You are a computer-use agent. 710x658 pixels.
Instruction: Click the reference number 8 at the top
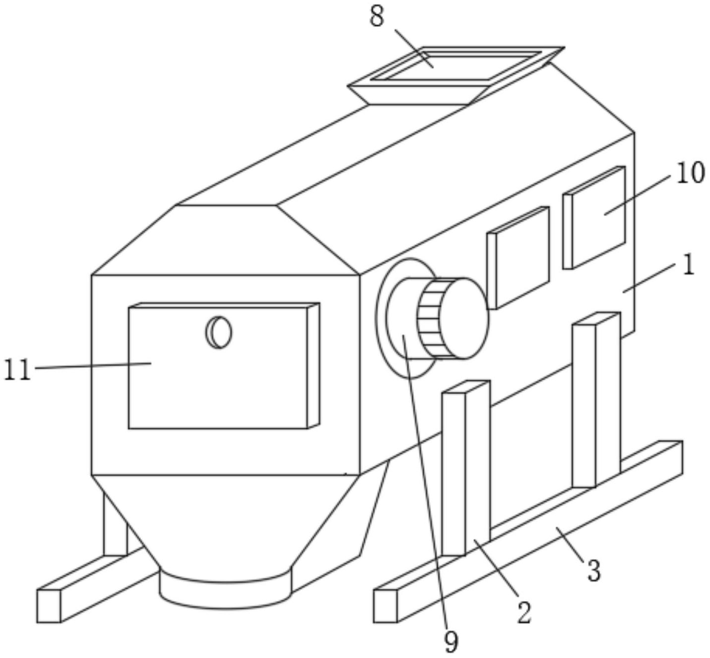377,17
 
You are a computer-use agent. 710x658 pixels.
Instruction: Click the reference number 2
524,613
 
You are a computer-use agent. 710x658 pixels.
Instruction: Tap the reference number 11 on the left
17,370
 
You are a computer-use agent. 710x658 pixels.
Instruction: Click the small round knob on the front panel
218,332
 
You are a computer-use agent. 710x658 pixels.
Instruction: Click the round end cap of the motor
464,318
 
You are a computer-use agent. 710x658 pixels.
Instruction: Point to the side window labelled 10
594,218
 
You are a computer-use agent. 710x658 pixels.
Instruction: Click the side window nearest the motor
518,258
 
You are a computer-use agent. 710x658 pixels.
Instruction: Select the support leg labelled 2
466,469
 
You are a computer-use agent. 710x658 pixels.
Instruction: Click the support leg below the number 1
596,400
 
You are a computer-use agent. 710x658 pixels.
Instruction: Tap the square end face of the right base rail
386,606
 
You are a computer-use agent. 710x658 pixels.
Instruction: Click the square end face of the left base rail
49,606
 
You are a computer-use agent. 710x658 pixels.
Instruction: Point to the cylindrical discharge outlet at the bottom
226,589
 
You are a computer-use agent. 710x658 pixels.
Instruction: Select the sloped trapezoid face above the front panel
226,240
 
